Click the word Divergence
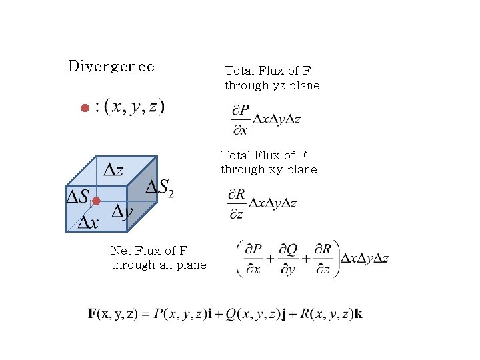coord(111,66)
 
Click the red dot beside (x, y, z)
coord(85,108)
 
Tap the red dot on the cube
coord(96,201)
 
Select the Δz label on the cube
coord(113,170)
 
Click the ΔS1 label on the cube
coord(79,197)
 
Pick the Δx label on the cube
coord(88,223)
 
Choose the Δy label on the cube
coord(122,212)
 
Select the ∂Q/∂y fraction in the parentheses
coord(288,259)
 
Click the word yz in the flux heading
coord(280,85)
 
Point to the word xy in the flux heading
coord(276,169)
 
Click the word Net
coord(121,251)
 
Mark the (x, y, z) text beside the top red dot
coord(138,107)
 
